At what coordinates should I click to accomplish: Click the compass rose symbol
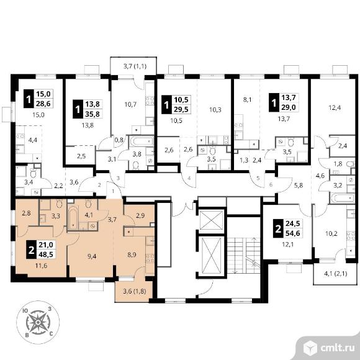[x=38, y=323]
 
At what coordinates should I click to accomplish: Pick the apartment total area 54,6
[x=293, y=233]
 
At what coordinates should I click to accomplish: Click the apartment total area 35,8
[x=92, y=114]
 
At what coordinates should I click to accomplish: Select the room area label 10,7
[x=130, y=105]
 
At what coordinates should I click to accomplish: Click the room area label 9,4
[x=92, y=256]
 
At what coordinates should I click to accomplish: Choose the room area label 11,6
[x=42, y=266]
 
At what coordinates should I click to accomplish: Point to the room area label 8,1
[x=247, y=100]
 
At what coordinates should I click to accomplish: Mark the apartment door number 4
[x=189, y=178]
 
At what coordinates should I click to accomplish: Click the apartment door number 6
[x=271, y=184]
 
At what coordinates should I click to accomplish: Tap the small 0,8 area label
[x=119, y=140]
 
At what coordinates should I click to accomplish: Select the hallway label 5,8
[x=298, y=186]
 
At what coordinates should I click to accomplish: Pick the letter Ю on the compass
[x=25, y=311]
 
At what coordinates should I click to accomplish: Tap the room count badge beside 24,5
[x=278, y=228]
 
